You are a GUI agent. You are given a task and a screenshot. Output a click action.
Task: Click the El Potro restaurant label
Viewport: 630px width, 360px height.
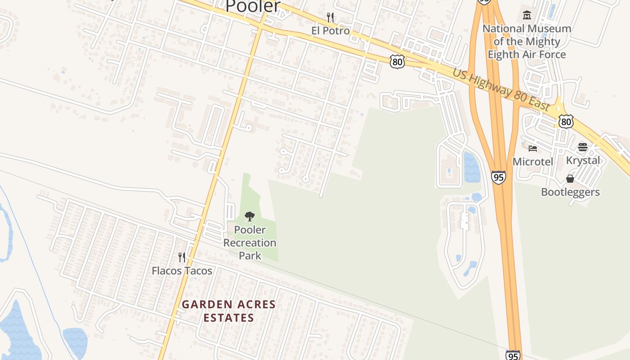coord(330,31)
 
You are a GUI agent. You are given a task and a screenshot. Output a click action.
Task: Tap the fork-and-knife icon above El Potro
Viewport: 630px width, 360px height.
coord(330,18)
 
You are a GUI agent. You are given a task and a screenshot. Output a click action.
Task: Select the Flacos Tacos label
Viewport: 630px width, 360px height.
coord(182,270)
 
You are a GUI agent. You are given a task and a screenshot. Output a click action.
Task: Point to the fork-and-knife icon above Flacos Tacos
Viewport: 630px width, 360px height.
coord(182,257)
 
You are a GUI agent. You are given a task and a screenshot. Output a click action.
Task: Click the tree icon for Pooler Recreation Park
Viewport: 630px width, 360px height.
coord(250,216)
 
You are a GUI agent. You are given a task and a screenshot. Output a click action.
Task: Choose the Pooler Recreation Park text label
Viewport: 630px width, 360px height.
coord(250,243)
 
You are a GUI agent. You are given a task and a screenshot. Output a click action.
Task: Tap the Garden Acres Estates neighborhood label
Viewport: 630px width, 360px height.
coord(229,311)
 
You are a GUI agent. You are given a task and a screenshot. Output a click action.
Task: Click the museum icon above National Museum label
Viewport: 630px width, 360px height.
coord(526,15)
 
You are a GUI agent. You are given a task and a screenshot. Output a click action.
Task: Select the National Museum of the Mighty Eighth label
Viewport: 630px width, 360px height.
coord(527,41)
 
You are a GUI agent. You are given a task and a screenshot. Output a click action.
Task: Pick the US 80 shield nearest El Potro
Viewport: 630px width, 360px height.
coord(397,62)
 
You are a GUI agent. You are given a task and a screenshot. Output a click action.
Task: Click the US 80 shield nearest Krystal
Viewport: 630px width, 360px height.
coord(567,121)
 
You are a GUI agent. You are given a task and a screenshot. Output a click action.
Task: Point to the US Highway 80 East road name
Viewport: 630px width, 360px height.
coord(501,90)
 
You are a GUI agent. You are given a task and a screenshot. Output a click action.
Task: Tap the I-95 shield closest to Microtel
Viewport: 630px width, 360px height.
coord(498,177)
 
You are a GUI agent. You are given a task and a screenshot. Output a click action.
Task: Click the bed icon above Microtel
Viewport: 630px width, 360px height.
coord(533,148)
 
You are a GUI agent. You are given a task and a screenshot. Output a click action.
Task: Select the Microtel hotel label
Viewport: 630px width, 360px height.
coord(533,161)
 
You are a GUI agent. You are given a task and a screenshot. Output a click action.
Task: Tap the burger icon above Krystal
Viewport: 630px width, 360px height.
coord(583,147)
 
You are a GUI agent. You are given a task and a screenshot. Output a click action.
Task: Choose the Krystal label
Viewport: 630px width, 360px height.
coord(583,160)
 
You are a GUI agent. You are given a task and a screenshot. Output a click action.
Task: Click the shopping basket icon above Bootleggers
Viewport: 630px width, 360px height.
coord(570,179)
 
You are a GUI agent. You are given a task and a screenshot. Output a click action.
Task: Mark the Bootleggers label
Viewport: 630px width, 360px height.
coord(570,192)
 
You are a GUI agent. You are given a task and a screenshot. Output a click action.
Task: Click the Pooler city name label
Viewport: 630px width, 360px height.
coord(252,6)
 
